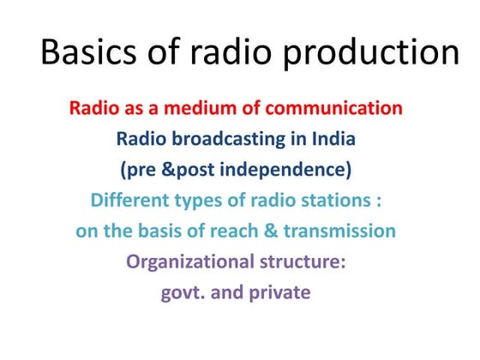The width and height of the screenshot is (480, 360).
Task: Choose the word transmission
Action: pos(345,231)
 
